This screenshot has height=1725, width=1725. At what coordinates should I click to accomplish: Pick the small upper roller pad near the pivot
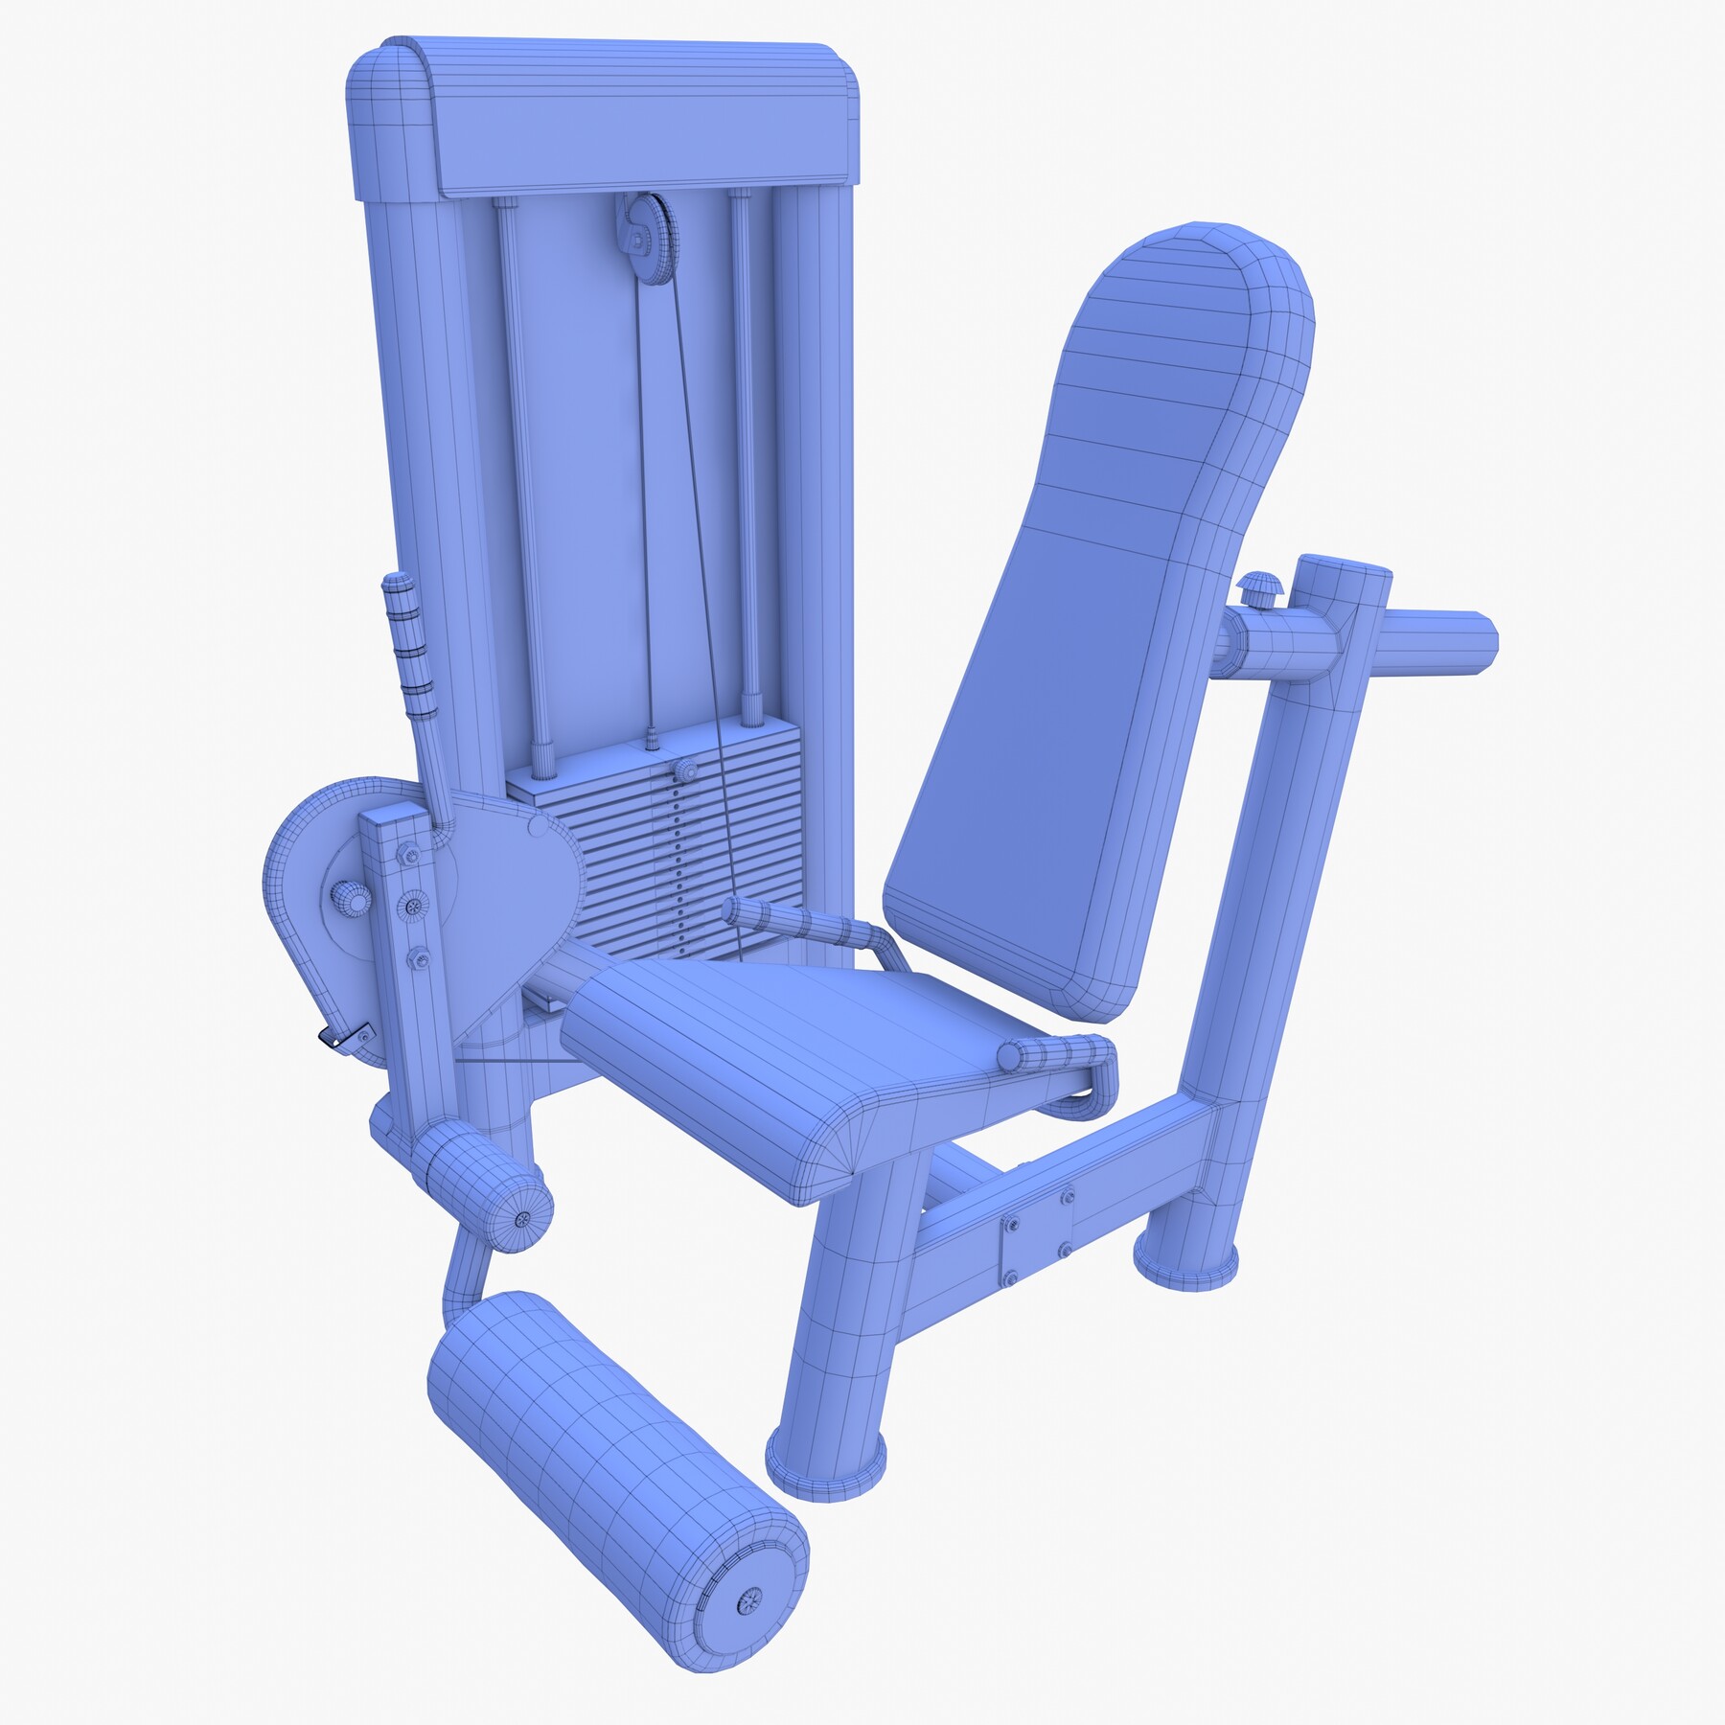click(x=484, y=1184)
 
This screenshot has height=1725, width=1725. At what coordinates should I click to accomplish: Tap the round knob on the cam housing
click(x=350, y=898)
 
